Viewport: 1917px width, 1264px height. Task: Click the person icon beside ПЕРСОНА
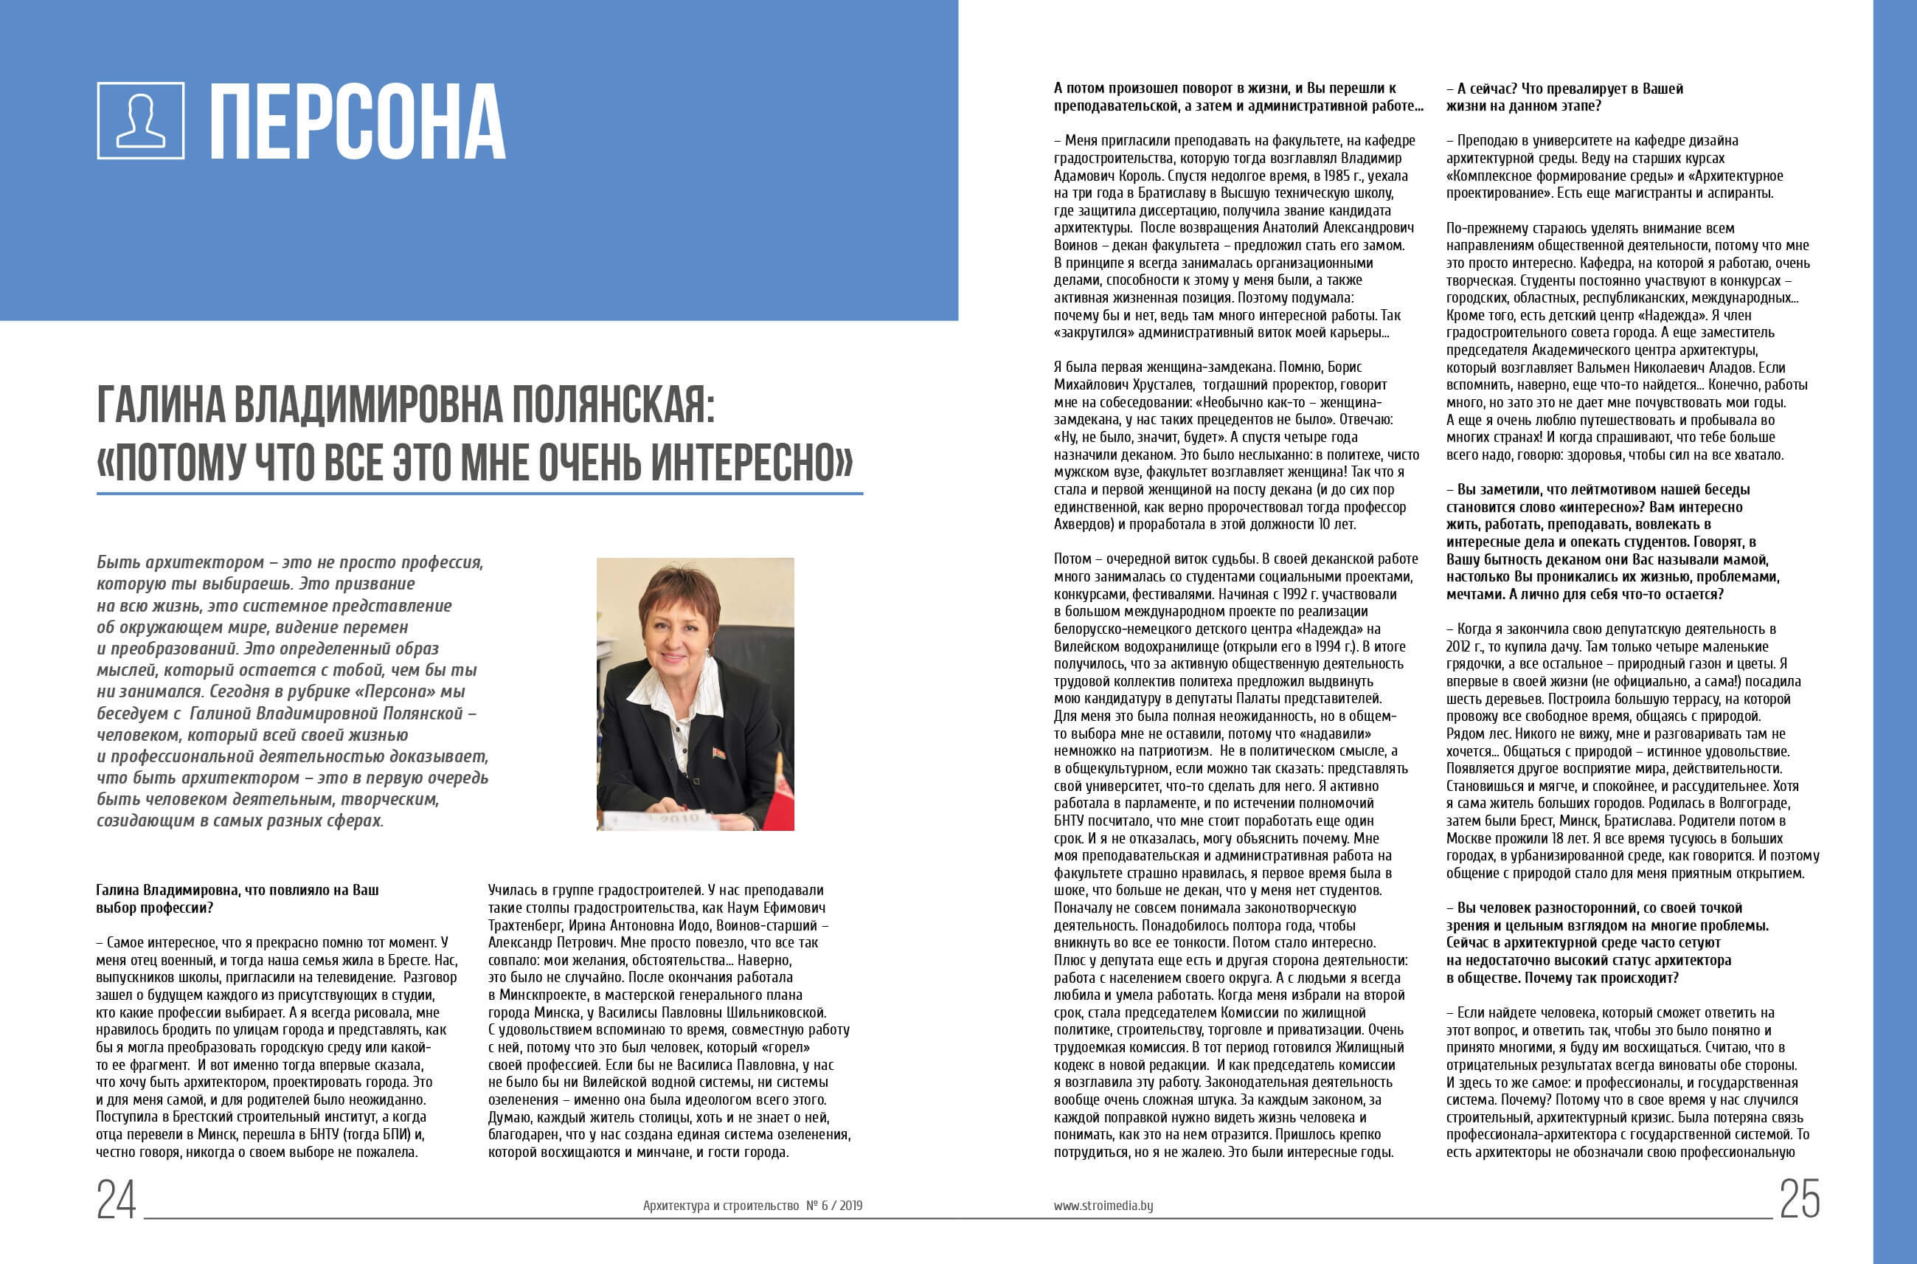pos(140,120)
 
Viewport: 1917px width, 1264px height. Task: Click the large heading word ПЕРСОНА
pos(357,122)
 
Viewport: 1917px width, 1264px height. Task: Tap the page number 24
pos(116,1200)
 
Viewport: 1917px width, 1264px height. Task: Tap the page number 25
pos(1799,1200)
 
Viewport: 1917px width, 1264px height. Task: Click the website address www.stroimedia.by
pos(1103,1206)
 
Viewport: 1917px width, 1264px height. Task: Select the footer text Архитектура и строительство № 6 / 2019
pos(752,1206)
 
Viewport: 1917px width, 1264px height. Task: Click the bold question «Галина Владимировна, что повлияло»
pos(237,899)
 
